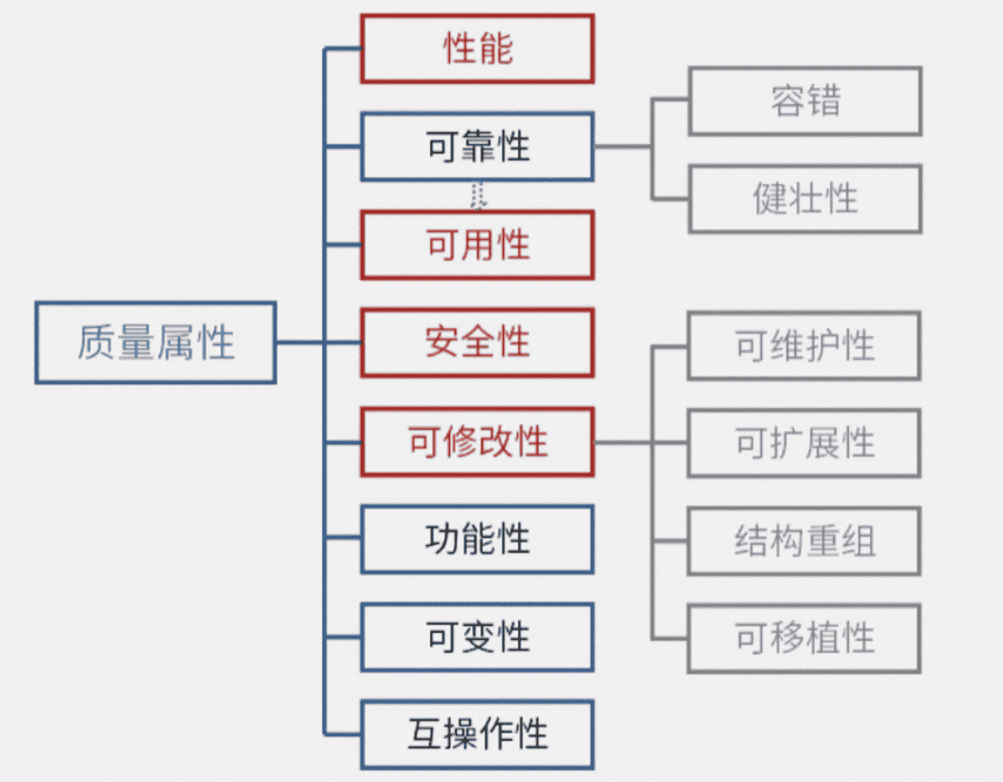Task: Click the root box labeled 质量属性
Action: (x=155, y=342)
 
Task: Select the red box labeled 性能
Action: (x=478, y=49)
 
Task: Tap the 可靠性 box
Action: (x=478, y=147)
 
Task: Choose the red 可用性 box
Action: (x=478, y=245)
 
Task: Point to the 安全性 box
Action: (x=478, y=342)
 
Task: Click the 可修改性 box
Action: (x=478, y=442)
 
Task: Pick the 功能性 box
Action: (x=478, y=539)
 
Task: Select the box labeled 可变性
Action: (x=478, y=637)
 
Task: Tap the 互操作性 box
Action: (x=478, y=734)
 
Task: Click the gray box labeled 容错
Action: (x=805, y=101)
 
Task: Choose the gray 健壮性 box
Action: (x=805, y=198)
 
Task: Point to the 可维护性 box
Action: (x=805, y=346)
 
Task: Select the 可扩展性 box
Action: (x=805, y=443)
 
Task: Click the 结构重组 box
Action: (x=805, y=541)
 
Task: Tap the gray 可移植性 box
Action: (x=805, y=638)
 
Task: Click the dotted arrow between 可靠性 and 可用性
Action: (x=478, y=196)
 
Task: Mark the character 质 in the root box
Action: (x=96, y=342)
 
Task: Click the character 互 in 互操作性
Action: (x=426, y=734)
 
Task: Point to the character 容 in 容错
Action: (x=787, y=101)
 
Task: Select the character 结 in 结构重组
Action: (x=752, y=541)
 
